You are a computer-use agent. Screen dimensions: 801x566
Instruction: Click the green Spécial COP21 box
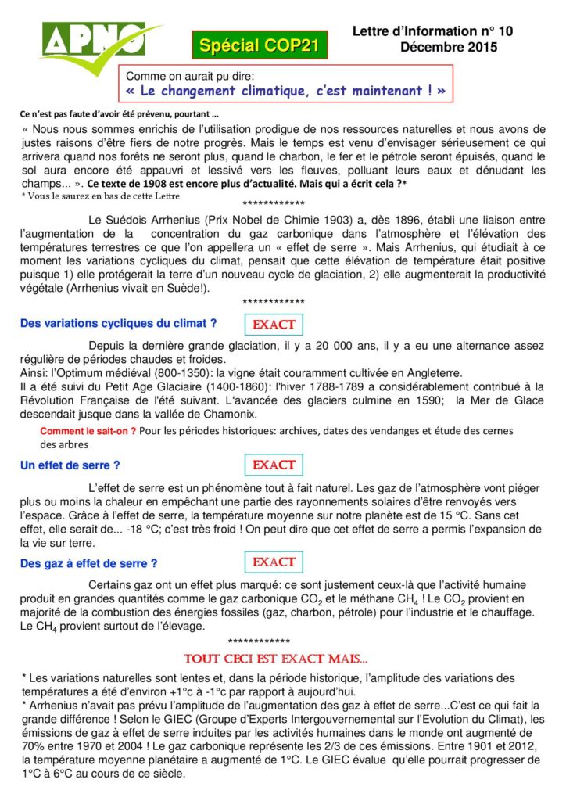point(259,46)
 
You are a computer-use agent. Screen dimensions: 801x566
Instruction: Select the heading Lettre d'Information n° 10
point(432,31)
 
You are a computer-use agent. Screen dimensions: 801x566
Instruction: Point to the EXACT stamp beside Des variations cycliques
point(274,324)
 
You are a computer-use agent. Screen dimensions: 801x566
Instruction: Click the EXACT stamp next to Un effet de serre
point(274,465)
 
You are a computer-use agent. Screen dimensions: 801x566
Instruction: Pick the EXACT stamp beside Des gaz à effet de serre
point(274,562)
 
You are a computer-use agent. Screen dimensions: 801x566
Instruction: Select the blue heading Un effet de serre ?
point(70,465)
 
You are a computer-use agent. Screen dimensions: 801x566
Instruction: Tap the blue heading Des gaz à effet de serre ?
point(88,563)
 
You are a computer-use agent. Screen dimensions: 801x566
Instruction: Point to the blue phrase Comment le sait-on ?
point(88,430)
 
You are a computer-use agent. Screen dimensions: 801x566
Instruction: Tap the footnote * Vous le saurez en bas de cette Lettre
point(101,196)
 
